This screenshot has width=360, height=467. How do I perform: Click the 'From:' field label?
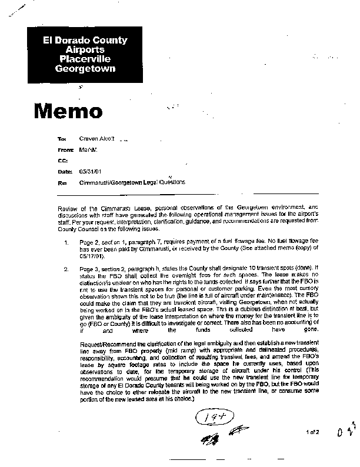click(62, 150)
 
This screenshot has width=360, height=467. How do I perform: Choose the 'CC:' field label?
click(61, 161)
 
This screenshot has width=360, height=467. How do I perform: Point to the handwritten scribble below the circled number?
click(219, 436)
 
